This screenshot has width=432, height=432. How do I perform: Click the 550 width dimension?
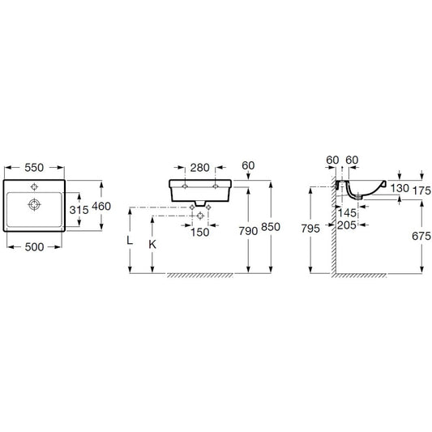point(34,168)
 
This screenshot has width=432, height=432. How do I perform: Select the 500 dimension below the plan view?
point(34,247)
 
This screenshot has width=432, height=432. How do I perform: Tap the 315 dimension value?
point(79,210)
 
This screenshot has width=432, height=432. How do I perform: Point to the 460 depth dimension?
point(101,206)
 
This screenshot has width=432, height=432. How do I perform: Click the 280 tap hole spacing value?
point(199,168)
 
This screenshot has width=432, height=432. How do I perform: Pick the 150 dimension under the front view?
point(199,233)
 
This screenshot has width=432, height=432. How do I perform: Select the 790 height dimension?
point(248,231)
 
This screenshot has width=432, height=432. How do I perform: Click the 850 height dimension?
point(271,227)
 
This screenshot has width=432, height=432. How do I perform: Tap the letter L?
point(130,241)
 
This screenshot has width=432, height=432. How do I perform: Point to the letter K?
point(152,244)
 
